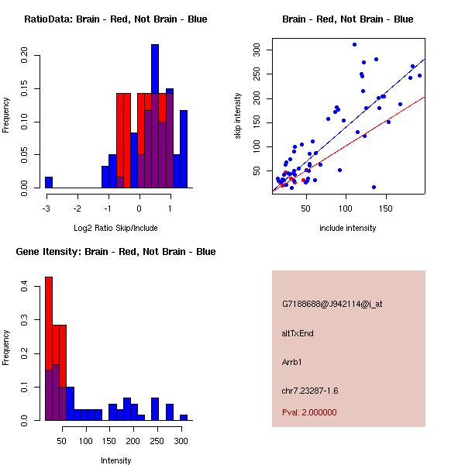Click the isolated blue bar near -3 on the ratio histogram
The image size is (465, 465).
pyautogui.click(x=49, y=182)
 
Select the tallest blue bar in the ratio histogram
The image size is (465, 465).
pyautogui.click(x=155, y=116)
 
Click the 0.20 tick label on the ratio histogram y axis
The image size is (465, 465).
pyautogui.click(x=25, y=56)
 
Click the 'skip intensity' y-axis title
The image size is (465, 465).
pyautogui.click(x=239, y=116)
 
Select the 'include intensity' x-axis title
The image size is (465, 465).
pyautogui.click(x=348, y=228)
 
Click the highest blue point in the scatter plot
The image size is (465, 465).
pyautogui.click(x=354, y=45)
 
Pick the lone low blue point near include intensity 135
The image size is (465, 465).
pyautogui.click(x=374, y=187)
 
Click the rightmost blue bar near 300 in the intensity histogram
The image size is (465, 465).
pyautogui.click(x=184, y=417)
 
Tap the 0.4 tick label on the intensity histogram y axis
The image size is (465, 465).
pyautogui.click(x=25, y=287)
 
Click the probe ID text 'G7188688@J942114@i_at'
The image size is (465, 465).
pyautogui.click(x=332, y=304)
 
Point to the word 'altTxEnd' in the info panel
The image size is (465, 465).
pyautogui.click(x=298, y=333)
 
